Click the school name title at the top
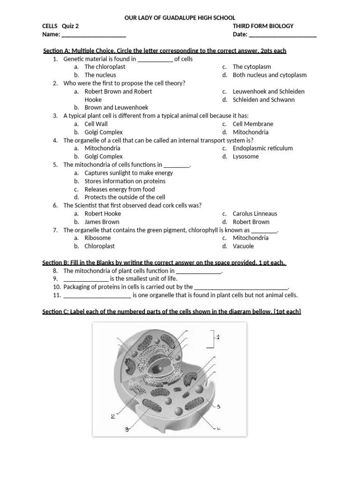coord(180,18)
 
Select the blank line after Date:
coord(283,35)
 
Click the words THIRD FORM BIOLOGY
coord(263,26)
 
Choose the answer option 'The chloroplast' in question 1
coord(105,67)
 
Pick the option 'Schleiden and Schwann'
coord(264,99)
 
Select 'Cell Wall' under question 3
coord(96,124)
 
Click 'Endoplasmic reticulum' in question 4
coord(262,148)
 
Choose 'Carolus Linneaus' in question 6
coord(255,214)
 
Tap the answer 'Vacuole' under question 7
coord(243,246)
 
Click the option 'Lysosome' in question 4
coord(246,157)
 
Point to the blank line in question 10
coord(241,287)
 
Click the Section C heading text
coord(172,312)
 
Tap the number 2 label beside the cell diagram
coord(113,416)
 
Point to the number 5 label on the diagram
coord(218,406)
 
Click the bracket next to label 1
coord(213,339)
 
